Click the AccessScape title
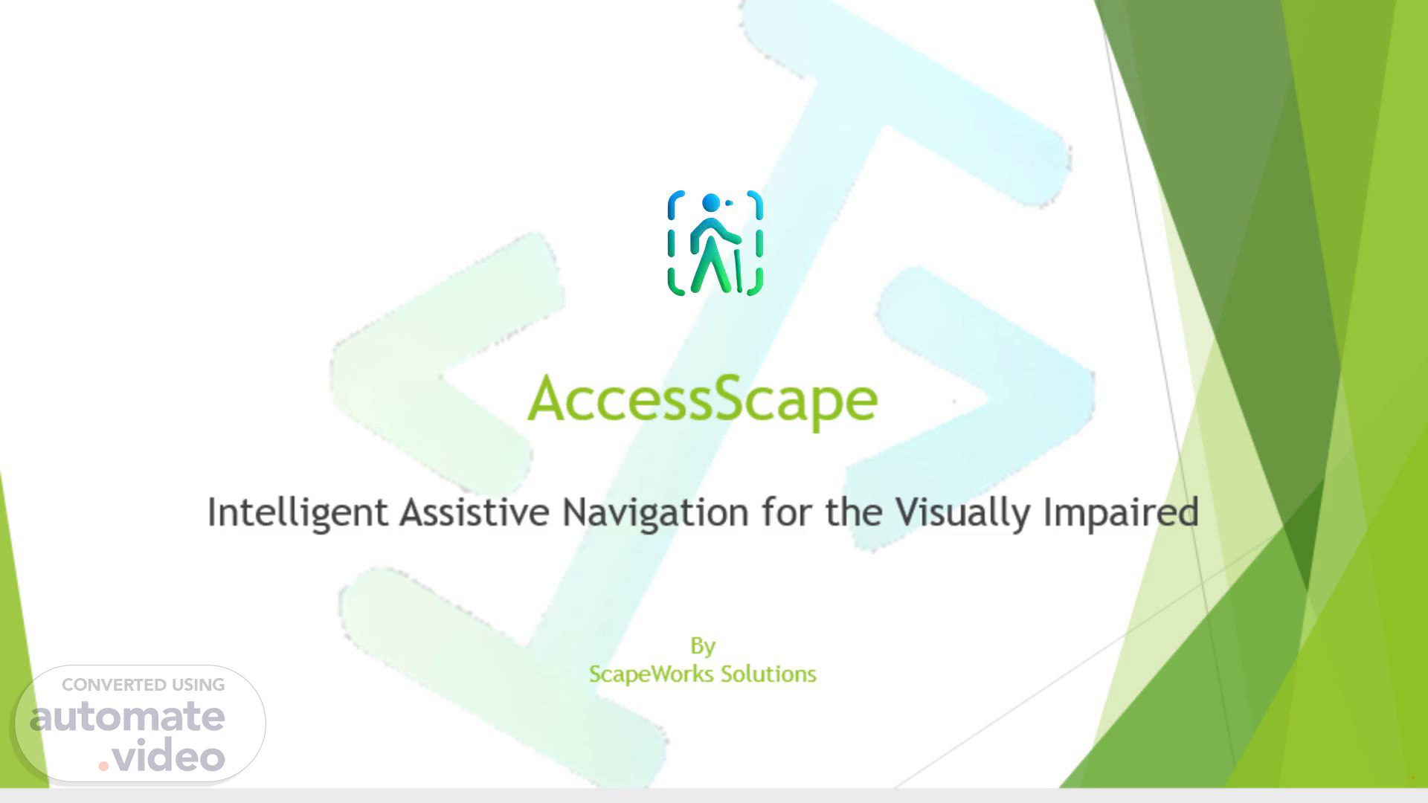(x=702, y=400)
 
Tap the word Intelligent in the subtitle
(x=297, y=513)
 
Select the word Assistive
(x=475, y=512)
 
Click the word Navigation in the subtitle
(x=655, y=513)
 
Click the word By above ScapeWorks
(x=703, y=646)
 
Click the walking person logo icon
(x=715, y=243)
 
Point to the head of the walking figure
(x=710, y=202)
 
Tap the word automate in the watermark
(x=127, y=716)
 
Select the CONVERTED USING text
(x=144, y=685)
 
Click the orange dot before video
(x=104, y=765)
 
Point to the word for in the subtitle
(x=788, y=512)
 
